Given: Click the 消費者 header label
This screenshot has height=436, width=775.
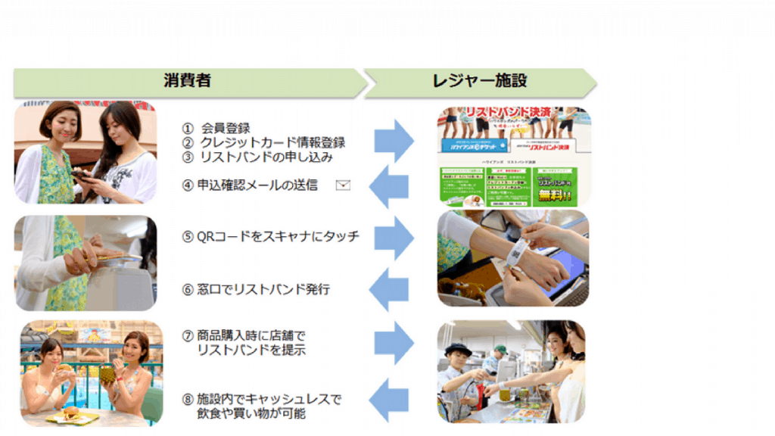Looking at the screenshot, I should click(x=187, y=81).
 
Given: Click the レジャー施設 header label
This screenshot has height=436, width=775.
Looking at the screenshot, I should click(x=480, y=81).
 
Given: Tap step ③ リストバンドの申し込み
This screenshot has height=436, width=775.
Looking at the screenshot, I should click(x=257, y=157).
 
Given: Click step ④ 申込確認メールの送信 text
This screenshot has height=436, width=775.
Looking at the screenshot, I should click(x=249, y=184).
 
